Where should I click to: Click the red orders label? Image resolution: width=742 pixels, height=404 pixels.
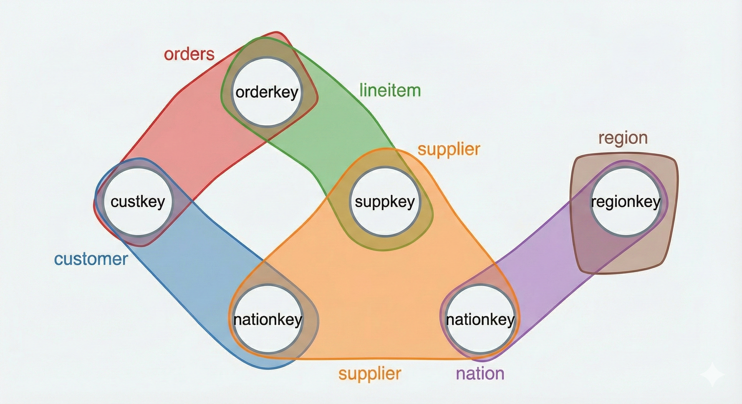coord(189,54)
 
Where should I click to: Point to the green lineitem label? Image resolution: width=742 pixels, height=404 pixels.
coord(390,90)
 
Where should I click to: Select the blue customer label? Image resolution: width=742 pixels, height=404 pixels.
coord(91,259)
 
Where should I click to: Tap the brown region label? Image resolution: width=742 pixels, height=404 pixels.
coord(623,138)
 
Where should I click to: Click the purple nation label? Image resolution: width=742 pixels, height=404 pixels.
coord(480,373)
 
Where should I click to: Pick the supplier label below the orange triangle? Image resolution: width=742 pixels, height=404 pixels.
coord(370,373)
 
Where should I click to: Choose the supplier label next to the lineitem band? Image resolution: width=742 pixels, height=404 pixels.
coord(449,149)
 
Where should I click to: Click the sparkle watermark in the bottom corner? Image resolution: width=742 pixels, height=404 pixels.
coord(712,374)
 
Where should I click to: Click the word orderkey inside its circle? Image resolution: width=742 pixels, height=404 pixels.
coord(267,92)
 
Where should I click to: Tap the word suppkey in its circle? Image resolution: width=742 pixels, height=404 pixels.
coord(385,202)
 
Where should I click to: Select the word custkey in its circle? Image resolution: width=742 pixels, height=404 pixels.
coord(138,202)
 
